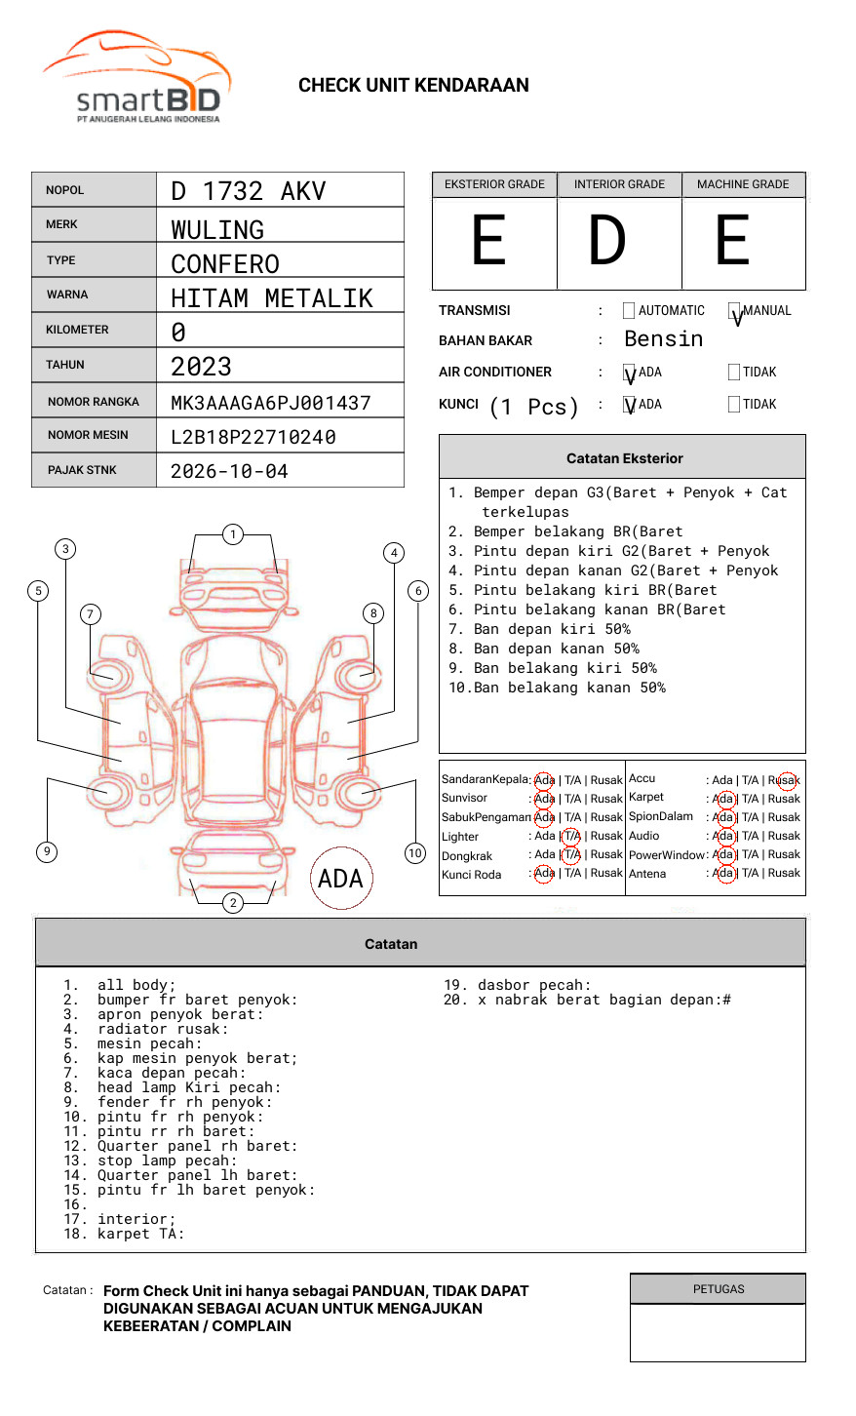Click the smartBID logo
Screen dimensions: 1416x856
(x=136, y=78)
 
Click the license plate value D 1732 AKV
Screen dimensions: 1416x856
(x=249, y=191)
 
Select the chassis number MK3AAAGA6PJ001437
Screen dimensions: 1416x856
(x=270, y=403)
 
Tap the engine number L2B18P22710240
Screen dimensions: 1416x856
(x=253, y=437)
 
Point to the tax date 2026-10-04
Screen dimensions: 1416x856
(x=229, y=471)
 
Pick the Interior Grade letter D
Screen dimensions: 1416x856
(x=606, y=241)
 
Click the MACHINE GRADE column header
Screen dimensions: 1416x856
(x=743, y=184)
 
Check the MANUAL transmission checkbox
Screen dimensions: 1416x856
(x=734, y=312)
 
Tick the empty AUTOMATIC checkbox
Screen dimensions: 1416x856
(x=629, y=311)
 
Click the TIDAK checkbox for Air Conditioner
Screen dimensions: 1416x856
(x=734, y=373)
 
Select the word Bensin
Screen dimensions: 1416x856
(x=663, y=339)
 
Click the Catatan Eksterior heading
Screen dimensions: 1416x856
(x=624, y=458)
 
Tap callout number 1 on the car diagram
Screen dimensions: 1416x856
(x=232, y=534)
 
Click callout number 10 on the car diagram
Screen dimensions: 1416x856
(x=415, y=853)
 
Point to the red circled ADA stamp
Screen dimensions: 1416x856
(x=340, y=879)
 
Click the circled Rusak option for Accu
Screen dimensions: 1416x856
(x=786, y=780)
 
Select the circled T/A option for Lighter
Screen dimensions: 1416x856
(x=571, y=836)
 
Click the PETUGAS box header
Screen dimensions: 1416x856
(x=719, y=1289)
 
